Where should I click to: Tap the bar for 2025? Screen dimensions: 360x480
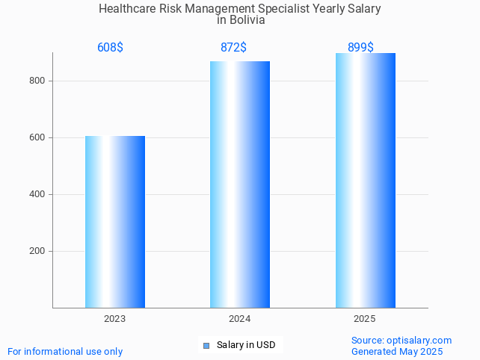[x=365, y=180]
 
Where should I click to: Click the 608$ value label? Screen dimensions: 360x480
[x=110, y=48]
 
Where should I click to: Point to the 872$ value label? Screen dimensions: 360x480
[x=234, y=48]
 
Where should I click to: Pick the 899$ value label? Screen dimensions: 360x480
[x=360, y=48]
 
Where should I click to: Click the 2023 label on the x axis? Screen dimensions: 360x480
[x=115, y=319]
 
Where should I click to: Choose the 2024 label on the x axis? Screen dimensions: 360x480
[x=240, y=319]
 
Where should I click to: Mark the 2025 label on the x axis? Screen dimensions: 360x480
[x=365, y=319]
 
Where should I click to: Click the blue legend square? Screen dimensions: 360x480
[x=206, y=345]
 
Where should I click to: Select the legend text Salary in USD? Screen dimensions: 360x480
[x=246, y=345]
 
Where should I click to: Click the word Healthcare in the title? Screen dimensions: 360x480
[x=127, y=9]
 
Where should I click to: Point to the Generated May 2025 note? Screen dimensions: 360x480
[x=397, y=351]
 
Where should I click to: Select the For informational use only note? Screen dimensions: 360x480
[x=65, y=351]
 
